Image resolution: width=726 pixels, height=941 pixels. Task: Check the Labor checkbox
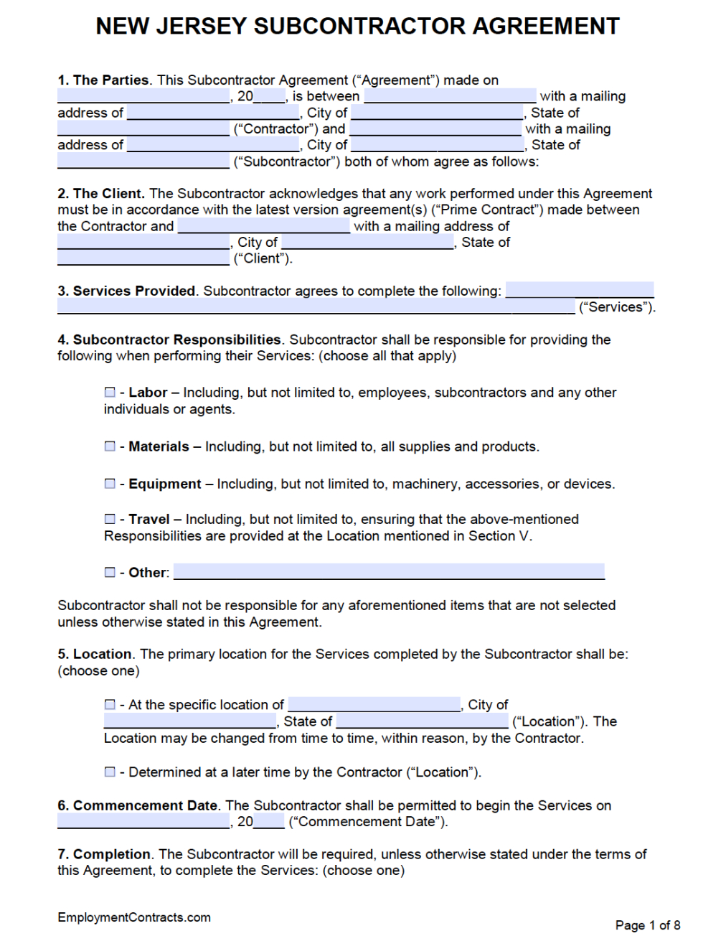coord(110,392)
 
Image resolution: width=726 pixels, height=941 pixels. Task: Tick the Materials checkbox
coord(110,446)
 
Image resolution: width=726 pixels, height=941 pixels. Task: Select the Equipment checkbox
coord(110,483)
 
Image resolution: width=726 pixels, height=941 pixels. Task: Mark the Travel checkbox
coord(110,518)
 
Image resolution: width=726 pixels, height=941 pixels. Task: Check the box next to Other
coord(110,572)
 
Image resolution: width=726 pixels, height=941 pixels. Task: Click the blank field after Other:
coord(389,571)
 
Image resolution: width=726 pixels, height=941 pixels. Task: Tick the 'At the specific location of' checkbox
coord(110,704)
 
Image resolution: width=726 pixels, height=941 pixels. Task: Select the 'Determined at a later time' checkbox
coord(110,772)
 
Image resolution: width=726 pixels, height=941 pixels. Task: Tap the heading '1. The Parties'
coord(103,80)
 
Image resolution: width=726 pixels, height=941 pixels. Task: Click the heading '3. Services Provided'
coord(126,291)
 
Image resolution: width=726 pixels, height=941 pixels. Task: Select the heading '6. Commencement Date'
coord(137,805)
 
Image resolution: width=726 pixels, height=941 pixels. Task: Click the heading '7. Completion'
coord(104,854)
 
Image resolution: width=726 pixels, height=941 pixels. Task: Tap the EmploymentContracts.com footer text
coord(134,917)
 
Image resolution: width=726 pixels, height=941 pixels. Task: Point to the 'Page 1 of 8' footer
coord(647,925)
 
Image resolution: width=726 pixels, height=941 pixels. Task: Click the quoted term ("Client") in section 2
coord(263,258)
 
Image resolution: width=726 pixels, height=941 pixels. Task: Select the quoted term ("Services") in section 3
coord(616,307)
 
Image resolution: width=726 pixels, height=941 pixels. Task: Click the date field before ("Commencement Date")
coord(143,821)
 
